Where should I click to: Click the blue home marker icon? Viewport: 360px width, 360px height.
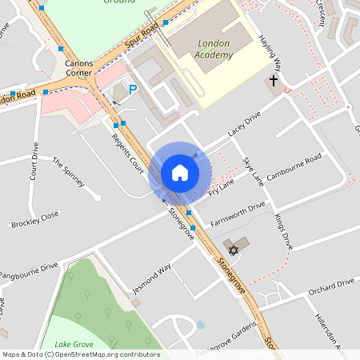[180, 173]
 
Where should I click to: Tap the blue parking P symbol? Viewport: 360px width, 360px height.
[134, 90]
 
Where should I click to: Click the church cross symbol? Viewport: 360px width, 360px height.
[273, 82]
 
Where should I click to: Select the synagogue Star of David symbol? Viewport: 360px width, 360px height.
[235, 243]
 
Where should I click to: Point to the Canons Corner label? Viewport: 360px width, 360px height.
[79, 68]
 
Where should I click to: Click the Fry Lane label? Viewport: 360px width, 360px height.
[221, 188]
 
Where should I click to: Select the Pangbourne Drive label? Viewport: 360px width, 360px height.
[30, 267]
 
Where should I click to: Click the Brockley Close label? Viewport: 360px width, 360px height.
[35, 219]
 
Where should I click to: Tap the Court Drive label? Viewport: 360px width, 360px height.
[34, 161]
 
